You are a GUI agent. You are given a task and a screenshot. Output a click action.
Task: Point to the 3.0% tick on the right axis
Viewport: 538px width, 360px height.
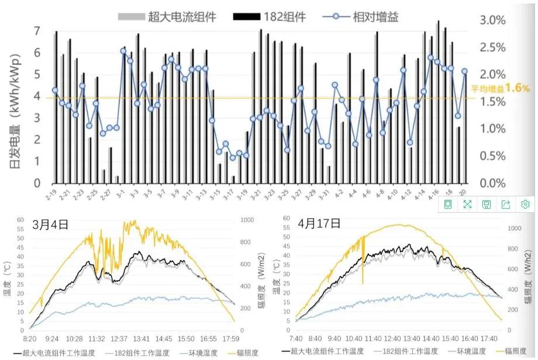(492, 20)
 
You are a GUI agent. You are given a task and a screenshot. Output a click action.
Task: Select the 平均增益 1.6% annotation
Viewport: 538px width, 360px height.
(500, 88)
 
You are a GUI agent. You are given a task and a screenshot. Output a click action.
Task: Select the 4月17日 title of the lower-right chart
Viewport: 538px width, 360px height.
(318, 223)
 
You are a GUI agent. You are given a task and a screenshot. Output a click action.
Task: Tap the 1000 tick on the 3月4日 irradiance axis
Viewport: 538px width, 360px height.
(248, 220)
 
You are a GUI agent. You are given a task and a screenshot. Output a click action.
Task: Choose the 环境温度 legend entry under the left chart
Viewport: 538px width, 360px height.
(202, 352)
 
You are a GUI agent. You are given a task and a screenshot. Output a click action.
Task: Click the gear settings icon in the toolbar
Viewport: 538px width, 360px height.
(525, 204)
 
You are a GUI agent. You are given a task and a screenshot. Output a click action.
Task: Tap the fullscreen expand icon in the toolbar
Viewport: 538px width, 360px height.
(467, 204)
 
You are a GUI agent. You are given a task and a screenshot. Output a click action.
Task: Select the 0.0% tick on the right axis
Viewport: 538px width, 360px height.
(492, 184)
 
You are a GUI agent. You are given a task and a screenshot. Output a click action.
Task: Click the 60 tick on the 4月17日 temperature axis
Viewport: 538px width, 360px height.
(287, 218)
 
